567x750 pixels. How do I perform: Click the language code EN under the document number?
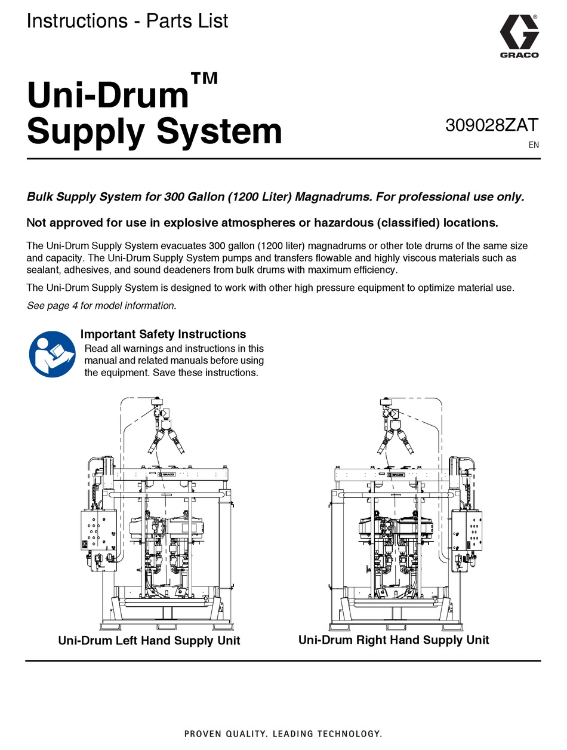click(x=534, y=145)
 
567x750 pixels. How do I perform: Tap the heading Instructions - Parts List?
click(x=127, y=21)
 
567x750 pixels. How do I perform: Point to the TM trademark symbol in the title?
click(x=204, y=78)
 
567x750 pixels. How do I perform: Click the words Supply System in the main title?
click(x=154, y=131)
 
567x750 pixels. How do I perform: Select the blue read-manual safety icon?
click(x=52, y=354)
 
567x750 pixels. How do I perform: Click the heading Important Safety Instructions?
click(x=163, y=334)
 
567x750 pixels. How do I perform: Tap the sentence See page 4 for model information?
click(x=101, y=306)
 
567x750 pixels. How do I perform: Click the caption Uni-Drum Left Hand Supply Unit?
click(x=149, y=641)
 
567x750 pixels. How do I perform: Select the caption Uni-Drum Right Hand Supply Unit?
click(x=393, y=640)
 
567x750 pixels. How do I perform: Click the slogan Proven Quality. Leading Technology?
click(x=283, y=733)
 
